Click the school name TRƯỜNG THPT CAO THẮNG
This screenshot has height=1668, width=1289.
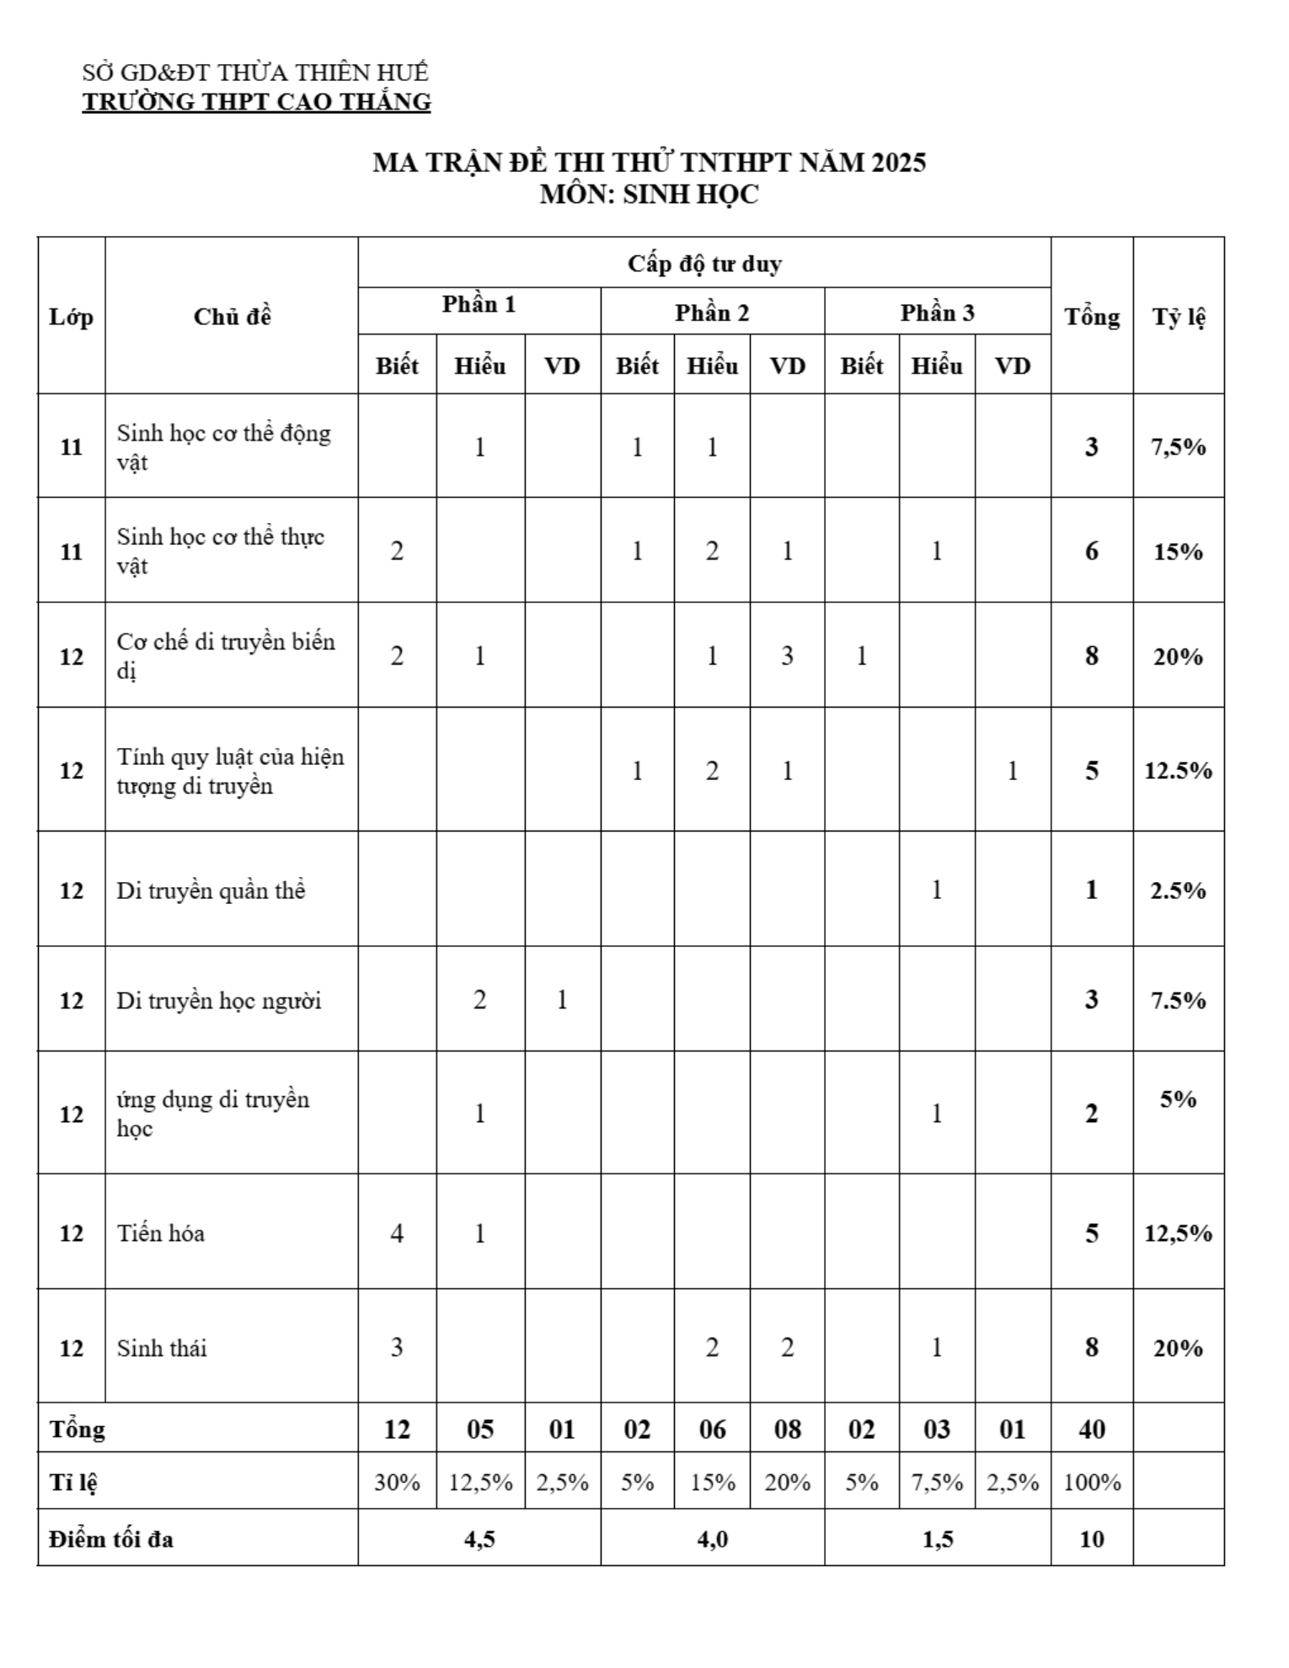[x=256, y=102]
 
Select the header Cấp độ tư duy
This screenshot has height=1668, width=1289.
[x=704, y=264]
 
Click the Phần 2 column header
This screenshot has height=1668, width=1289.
[x=712, y=313]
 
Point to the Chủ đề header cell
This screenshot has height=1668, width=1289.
[x=232, y=317]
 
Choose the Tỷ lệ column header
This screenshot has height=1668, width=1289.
[x=1178, y=317]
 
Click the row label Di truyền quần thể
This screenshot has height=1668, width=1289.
[x=211, y=890]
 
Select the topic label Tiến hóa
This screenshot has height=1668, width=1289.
[x=161, y=1233]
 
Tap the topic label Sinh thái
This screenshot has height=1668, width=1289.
[x=162, y=1348]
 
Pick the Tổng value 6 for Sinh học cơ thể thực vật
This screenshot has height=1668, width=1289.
[x=1091, y=551]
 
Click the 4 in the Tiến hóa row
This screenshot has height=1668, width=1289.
[x=397, y=1233]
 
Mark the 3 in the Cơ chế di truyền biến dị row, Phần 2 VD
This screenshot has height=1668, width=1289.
[x=787, y=655]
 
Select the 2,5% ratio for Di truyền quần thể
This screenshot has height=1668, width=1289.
[x=1178, y=890]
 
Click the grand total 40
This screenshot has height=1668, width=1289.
[x=1091, y=1430]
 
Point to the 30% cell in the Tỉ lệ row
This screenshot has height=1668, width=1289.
[x=397, y=1482]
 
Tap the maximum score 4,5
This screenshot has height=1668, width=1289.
[x=479, y=1539]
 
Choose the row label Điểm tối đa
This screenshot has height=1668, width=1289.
[x=111, y=1539]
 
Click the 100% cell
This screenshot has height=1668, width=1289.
[x=1091, y=1482]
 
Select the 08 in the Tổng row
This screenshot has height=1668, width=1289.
[x=787, y=1430]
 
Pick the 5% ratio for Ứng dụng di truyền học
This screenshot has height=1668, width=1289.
[x=1178, y=1099]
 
